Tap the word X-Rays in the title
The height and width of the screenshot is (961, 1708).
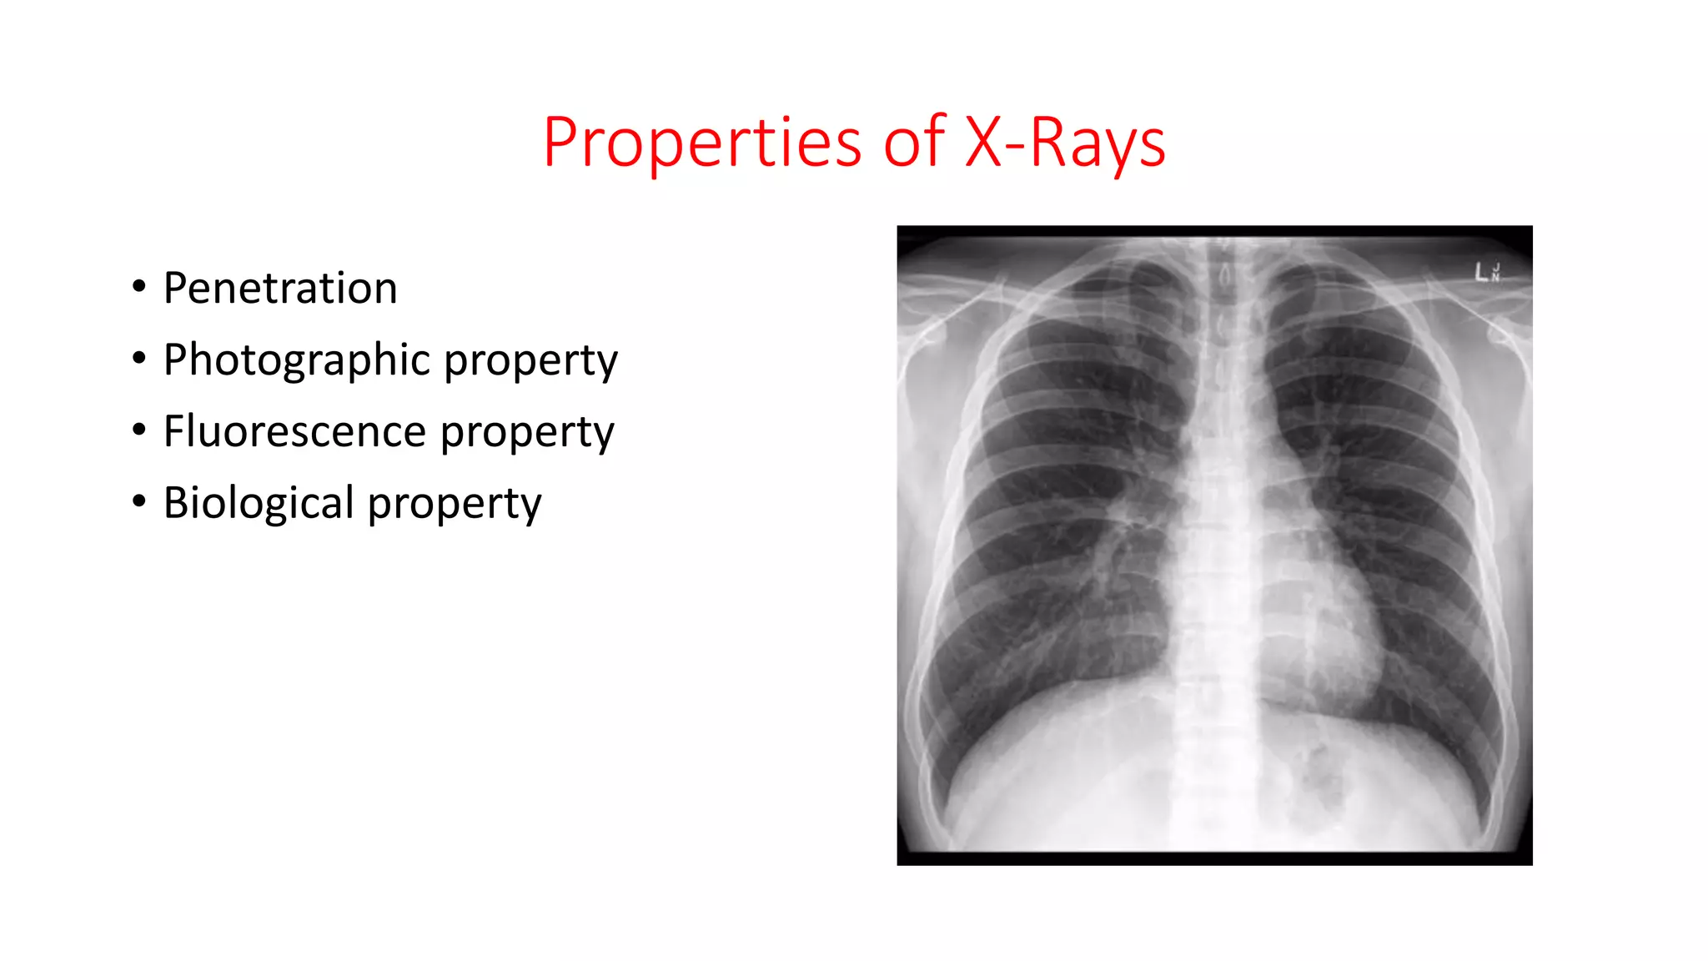pos(1064,143)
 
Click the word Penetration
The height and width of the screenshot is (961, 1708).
pos(280,289)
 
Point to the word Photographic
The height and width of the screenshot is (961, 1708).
pos(296,360)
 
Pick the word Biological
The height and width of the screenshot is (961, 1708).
pos(259,504)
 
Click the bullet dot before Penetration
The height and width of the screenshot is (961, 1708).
pos(139,288)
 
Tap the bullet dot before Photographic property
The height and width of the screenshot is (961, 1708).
pos(139,360)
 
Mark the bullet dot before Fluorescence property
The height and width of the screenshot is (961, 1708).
pos(139,431)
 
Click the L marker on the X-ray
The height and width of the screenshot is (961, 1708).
pos(1481,272)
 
